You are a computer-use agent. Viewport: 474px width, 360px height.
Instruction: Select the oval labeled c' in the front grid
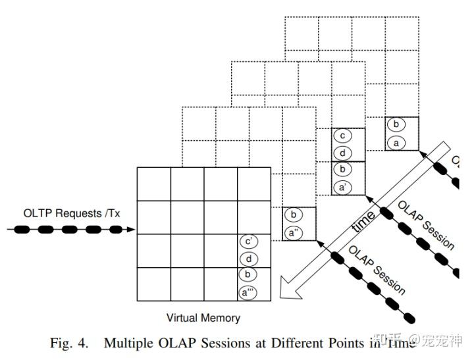(x=250, y=242)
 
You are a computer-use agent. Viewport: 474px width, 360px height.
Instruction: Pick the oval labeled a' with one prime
(x=342, y=187)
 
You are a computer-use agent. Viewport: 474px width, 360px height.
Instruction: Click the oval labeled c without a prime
(x=342, y=136)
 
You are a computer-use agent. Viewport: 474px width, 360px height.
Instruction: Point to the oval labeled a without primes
(x=396, y=141)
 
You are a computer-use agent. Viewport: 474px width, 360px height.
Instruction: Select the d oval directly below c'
(x=250, y=259)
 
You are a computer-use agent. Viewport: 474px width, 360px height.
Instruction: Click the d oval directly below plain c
(x=342, y=153)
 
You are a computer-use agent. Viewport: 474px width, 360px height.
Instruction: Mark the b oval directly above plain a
(x=396, y=124)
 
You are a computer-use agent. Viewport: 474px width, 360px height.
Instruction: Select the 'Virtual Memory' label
(x=203, y=318)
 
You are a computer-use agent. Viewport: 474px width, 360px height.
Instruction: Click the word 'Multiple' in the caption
(x=128, y=344)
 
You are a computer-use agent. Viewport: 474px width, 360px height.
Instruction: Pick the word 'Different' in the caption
(x=297, y=344)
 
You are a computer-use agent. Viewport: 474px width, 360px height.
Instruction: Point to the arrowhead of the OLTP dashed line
(x=131, y=230)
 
